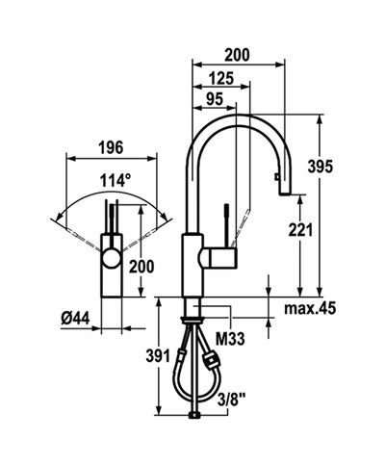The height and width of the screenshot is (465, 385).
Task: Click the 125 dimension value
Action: point(221,77)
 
